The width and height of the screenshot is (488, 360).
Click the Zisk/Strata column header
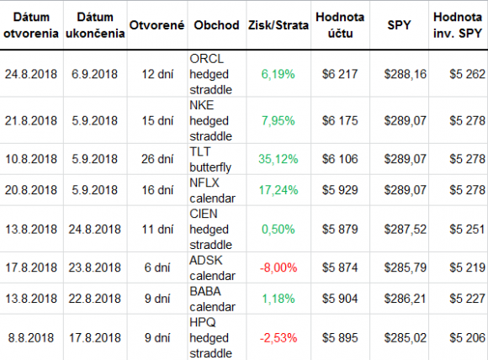tap(278, 25)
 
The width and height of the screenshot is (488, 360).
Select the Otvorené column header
tap(156, 25)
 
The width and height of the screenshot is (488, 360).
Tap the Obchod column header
tap(216, 25)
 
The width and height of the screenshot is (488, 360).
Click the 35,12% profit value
tap(278, 159)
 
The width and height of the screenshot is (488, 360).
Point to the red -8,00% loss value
tap(278, 267)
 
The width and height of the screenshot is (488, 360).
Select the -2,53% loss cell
tap(278, 338)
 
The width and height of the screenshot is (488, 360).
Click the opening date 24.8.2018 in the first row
tap(31, 74)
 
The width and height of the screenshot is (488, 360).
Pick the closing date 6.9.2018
tap(94, 74)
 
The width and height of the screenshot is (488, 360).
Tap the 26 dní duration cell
tap(157, 159)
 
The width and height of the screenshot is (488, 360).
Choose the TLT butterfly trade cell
tap(210, 159)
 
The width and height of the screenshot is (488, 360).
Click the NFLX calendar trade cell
tap(212, 190)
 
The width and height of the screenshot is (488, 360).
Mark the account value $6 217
tap(340, 74)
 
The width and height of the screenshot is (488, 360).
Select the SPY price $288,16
tap(405, 74)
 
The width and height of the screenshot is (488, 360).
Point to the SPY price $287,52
tap(405, 230)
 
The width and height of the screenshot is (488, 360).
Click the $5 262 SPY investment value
tap(467, 74)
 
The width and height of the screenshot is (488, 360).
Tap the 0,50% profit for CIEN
tap(278, 230)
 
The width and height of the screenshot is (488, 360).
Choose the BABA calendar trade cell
tap(212, 299)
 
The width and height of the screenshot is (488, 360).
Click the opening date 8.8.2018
tap(31, 338)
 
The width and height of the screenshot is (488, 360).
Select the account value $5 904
tap(340, 299)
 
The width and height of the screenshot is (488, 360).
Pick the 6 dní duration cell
tap(157, 267)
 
